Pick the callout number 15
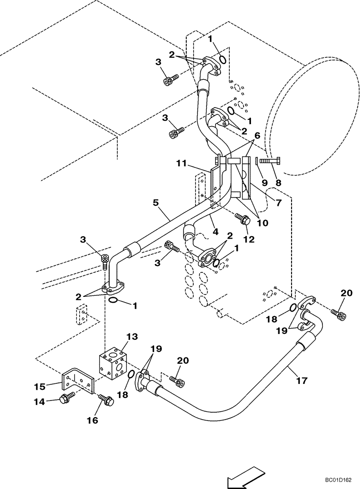pos(40,386)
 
